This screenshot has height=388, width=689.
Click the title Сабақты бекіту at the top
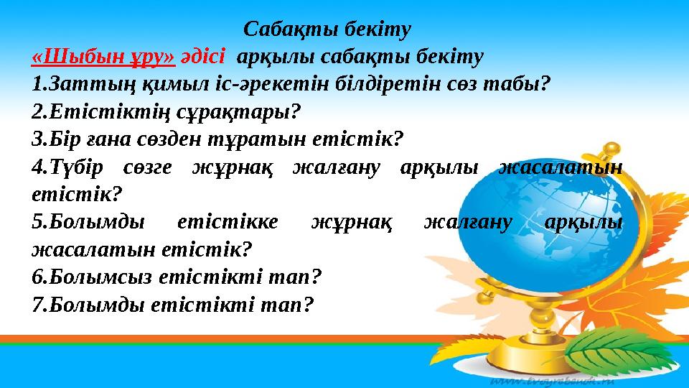coord(327,29)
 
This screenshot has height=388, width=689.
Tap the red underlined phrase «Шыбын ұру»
coord(104,56)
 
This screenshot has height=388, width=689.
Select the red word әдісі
coord(205,56)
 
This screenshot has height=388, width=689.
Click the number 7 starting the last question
coord(37,305)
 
